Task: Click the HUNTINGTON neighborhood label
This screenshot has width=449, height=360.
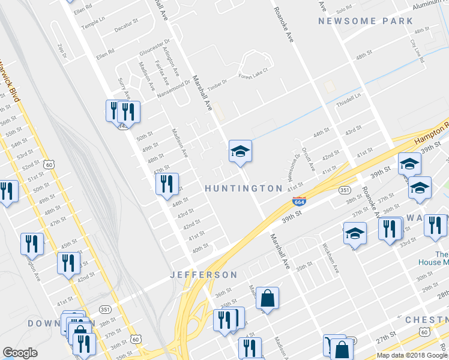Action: coord(243,188)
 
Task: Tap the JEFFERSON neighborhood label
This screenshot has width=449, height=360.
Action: coord(205,275)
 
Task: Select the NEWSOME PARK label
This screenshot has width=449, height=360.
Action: coord(366,21)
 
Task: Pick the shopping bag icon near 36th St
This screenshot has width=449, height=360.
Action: coord(267,298)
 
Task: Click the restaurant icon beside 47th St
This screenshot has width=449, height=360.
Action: coord(167,184)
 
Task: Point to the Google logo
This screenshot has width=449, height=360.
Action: coord(20,353)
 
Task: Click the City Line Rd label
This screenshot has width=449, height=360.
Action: coord(417,52)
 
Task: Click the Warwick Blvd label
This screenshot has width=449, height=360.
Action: coord(11,79)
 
